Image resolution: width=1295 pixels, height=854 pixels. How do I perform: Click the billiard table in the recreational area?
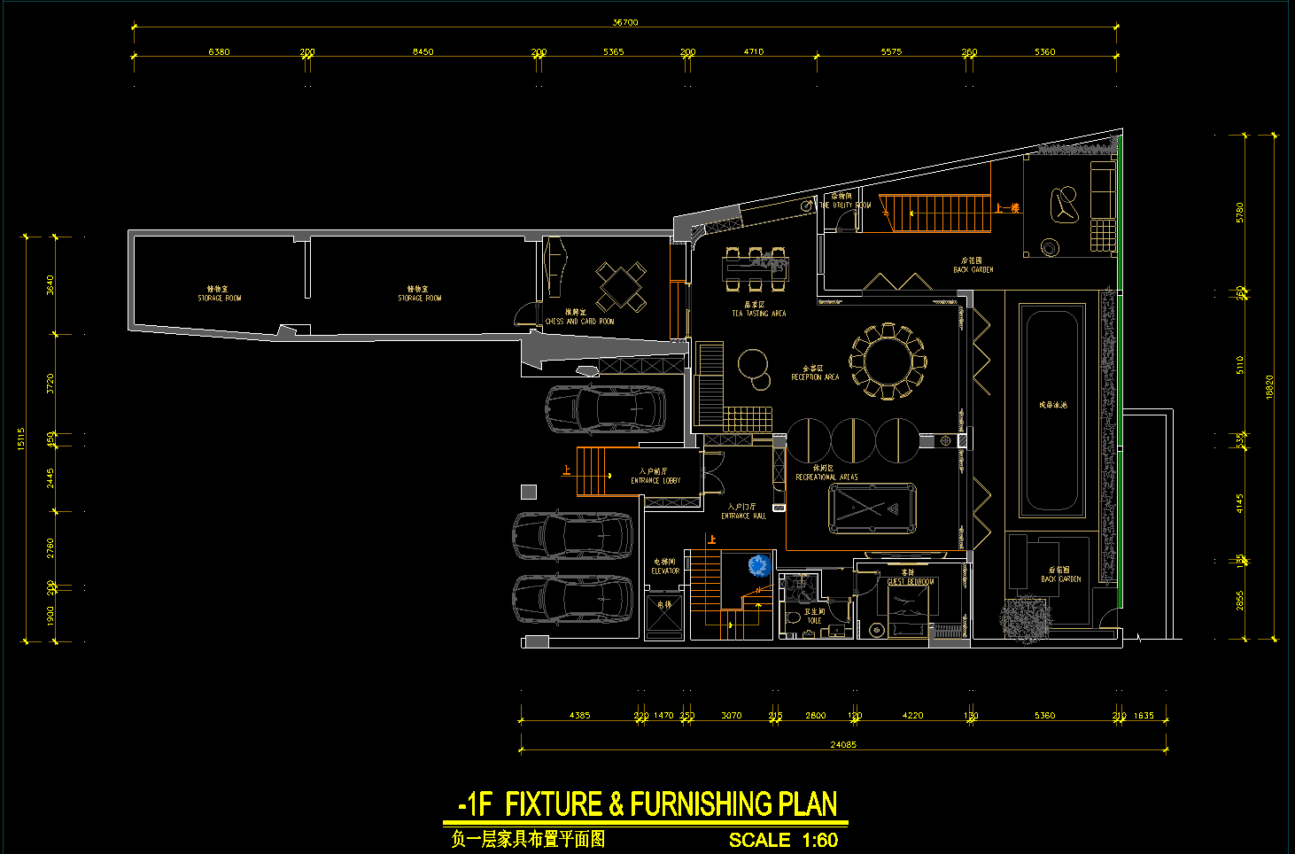[872, 509]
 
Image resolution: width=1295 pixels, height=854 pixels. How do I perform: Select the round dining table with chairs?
[887, 361]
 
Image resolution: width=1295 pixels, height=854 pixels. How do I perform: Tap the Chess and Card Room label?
[579, 321]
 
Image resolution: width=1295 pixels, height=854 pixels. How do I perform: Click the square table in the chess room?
[621, 285]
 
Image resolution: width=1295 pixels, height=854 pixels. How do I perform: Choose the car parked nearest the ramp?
[605, 408]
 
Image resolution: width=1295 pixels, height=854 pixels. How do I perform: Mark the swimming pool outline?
[1052, 410]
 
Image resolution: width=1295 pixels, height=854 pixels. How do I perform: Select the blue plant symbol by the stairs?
[758, 565]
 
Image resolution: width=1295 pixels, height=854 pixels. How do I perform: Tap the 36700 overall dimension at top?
[625, 22]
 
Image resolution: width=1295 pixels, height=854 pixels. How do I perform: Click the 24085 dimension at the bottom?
[843, 744]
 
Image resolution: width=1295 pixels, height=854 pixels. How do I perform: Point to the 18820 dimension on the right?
[1269, 387]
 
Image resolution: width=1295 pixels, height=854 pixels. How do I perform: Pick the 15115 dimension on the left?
[21, 439]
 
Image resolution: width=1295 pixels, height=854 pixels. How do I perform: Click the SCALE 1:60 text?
[783, 840]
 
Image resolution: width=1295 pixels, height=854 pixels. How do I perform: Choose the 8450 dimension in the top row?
[423, 51]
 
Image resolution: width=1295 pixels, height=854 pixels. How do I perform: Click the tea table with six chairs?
[755, 269]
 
